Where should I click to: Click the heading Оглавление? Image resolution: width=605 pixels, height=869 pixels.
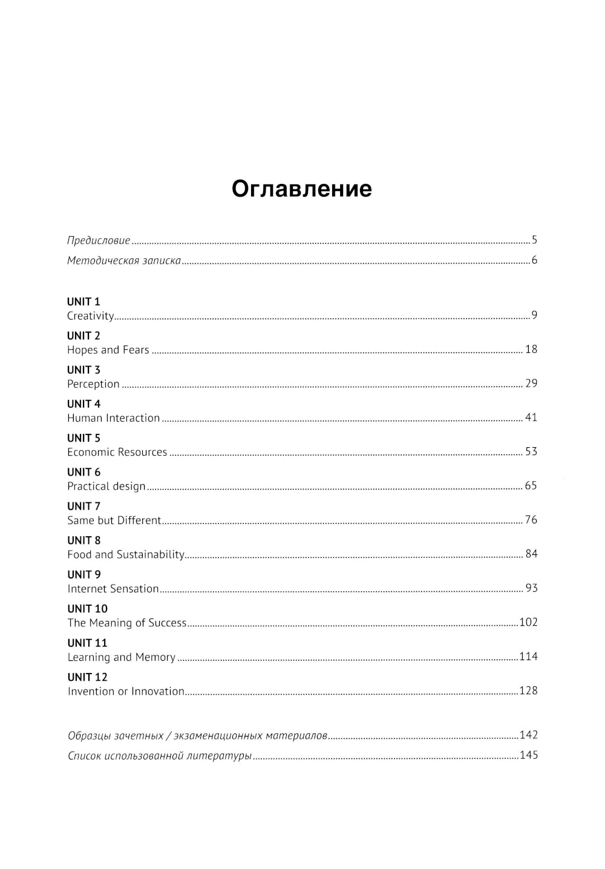tap(301, 189)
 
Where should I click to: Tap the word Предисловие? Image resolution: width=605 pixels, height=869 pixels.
tap(99, 241)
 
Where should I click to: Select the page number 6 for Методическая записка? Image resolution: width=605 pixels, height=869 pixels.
tap(534, 261)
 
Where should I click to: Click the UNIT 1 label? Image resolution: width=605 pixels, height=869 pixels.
tap(83, 301)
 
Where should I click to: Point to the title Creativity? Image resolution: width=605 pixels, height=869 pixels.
tap(90, 316)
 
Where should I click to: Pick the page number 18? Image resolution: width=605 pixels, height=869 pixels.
tap(531, 349)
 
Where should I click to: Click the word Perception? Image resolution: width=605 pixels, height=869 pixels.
tap(93, 384)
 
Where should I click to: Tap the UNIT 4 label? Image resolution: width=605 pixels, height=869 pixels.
tap(83, 404)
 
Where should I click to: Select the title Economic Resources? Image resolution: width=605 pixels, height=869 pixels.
tap(117, 452)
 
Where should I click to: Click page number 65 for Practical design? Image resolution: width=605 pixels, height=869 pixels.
tap(531, 486)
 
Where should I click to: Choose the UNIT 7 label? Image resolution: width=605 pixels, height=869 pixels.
tap(83, 506)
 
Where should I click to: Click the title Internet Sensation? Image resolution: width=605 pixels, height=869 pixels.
tap(113, 589)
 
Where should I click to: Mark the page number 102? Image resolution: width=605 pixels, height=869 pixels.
tap(528, 622)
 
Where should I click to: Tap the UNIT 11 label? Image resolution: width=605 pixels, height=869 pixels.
tap(87, 643)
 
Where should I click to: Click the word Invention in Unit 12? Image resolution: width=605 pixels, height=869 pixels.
tap(91, 691)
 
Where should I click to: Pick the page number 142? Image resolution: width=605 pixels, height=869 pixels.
tap(528, 735)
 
